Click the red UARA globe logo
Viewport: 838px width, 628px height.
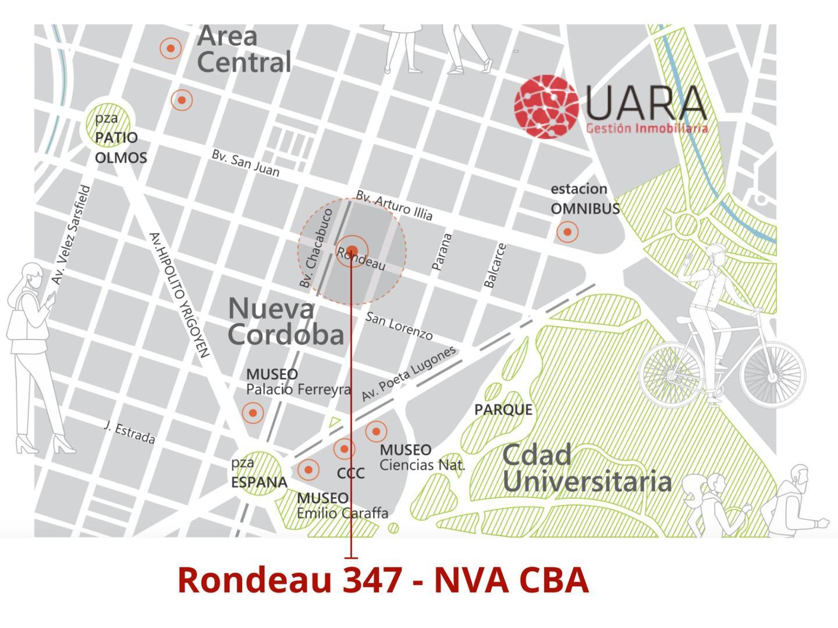pyautogui.click(x=546, y=106)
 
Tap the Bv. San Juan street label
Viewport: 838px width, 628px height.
pyautogui.click(x=245, y=163)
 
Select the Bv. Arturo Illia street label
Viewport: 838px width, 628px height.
pyautogui.click(x=394, y=205)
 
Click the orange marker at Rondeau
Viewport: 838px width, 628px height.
pyautogui.click(x=351, y=251)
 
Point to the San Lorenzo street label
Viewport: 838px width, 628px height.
pyautogui.click(x=399, y=326)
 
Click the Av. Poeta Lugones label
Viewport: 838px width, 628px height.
pyautogui.click(x=408, y=373)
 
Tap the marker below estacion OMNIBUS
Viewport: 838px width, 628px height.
pyautogui.click(x=567, y=232)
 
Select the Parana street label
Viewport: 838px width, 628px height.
pyautogui.click(x=442, y=252)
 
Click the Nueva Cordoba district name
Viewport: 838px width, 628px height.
pyautogui.click(x=285, y=321)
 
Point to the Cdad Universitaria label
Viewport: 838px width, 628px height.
pyautogui.click(x=586, y=469)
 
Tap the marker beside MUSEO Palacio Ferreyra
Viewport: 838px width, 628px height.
pyautogui.click(x=253, y=413)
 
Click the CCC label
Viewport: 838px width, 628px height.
pyautogui.click(x=351, y=473)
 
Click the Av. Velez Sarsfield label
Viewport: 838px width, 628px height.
pyautogui.click(x=71, y=235)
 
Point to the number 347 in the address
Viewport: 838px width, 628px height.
pyautogui.click(x=372, y=580)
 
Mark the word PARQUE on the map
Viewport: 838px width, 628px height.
pyautogui.click(x=503, y=409)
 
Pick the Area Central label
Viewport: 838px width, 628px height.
pyautogui.click(x=244, y=49)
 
